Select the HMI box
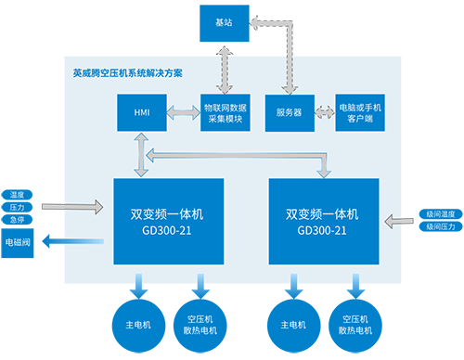[141, 112]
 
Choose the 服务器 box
[290, 112]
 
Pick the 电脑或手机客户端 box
[362, 112]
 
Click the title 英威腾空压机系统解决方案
[122, 72]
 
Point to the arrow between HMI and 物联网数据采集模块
[184, 112]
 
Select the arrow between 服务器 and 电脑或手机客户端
[325, 112]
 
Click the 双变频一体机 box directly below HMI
[168, 221]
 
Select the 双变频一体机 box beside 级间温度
[324, 221]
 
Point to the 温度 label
[17, 195]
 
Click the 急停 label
[17, 220]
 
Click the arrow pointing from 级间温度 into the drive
[400, 220]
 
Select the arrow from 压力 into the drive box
[78, 204]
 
